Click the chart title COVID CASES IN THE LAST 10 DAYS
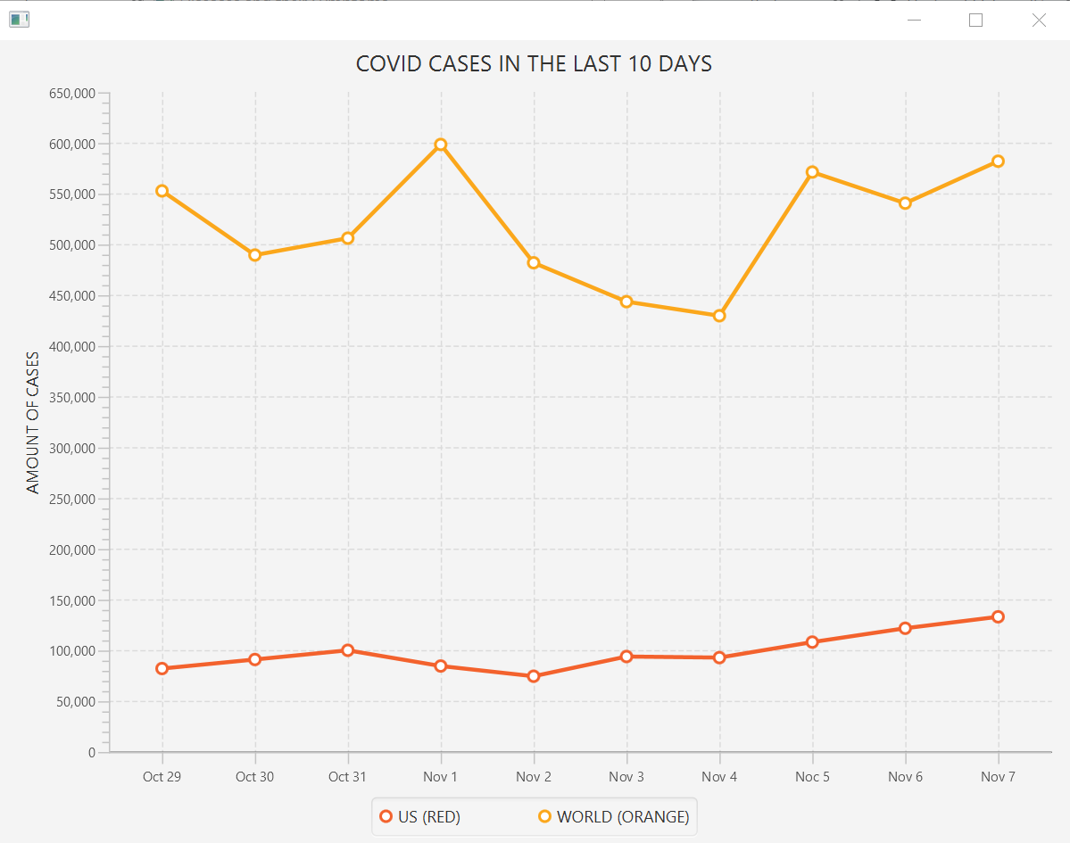click(x=534, y=64)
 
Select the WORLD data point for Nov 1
click(x=441, y=145)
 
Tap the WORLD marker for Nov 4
click(x=719, y=316)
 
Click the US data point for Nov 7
click(x=998, y=616)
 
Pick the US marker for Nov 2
click(x=534, y=676)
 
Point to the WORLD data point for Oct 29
click(x=162, y=191)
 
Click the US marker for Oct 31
click(x=348, y=650)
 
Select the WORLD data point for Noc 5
click(x=812, y=171)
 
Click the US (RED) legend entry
click(x=420, y=817)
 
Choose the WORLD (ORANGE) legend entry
click(x=614, y=817)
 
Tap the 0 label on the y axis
click(x=91, y=753)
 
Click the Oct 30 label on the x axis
click(x=254, y=777)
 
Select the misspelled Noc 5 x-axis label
click(x=812, y=777)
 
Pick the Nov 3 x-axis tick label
click(x=626, y=777)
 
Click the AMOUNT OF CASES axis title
click(x=33, y=423)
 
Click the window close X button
click(x=1039, y=21)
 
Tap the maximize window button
click(x=975, y=21)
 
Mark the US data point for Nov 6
click(x=905, y=628)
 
